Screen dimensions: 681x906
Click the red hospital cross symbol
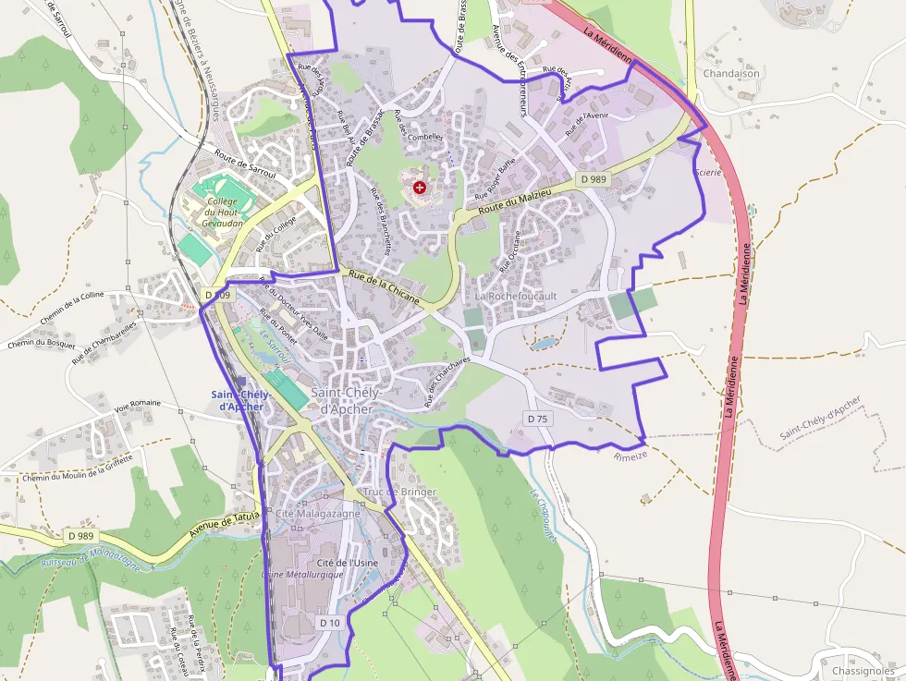(421, 188)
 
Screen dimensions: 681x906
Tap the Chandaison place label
(731, 73)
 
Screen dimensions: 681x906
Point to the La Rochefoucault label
(516, 296)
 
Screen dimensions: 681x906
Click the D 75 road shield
(537, 419)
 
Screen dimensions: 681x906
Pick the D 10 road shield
(330, 623)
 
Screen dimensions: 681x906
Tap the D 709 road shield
(218, 294)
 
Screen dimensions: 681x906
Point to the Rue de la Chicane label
(383, 286)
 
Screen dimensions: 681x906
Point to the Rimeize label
(631, 455)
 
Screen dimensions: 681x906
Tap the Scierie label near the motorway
(706, 170)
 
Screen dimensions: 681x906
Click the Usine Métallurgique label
(303, 574)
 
